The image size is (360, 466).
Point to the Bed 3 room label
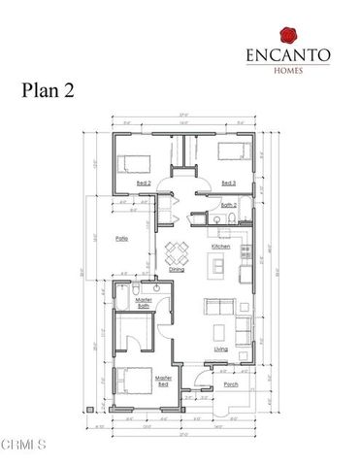coord(229,183)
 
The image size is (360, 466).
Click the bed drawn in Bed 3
coord(231,150)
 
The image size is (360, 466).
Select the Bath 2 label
coord(229,206)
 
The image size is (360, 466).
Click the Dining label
coord(178,271)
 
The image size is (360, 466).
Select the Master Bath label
coord(143,304)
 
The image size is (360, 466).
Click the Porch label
coord(230,385)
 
